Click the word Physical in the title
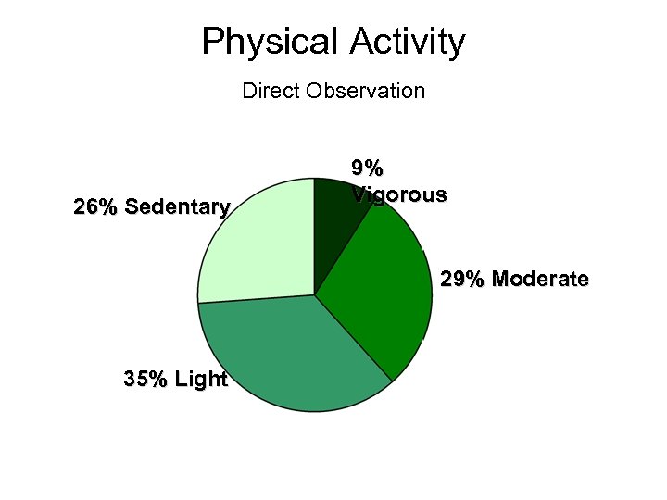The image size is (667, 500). pos(271,43)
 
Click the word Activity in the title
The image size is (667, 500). pos(408,43)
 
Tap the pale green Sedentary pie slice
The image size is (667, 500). pos(255,245)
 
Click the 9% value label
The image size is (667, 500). pos(367,168)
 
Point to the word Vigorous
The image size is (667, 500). pos(399,194)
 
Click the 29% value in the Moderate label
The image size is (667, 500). pos(462,279)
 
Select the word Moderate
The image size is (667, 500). pos(540,279)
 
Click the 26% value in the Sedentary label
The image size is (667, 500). pos(94,206)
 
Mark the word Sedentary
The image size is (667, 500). pos(176,206)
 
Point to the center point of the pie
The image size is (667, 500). pos(315,295)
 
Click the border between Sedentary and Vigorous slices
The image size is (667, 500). pos(315,236)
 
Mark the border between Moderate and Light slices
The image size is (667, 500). pos(354,338)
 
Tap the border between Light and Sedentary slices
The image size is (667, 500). pos(257,299)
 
